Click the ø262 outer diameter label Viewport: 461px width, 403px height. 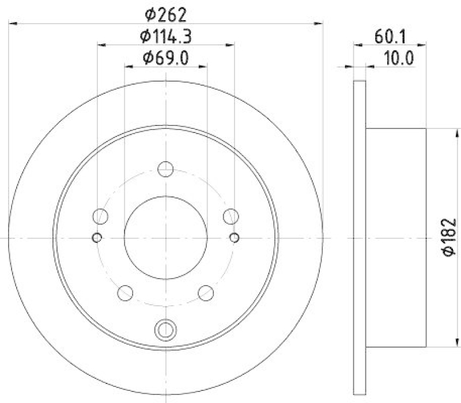click(166, 13)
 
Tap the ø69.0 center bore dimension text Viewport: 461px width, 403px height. click(166, 58)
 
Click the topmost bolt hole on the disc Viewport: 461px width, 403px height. click(166, 169)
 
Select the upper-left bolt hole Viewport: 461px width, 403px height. click(101, 216)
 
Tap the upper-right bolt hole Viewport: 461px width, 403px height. click(231, 216)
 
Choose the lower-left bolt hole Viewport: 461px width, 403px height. click(125, 292)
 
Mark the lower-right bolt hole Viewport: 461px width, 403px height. click(206, 292)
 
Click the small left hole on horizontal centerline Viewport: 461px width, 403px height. click(97, 237)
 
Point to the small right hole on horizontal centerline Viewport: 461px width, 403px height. click(234, 237)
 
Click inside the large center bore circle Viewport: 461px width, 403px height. click(166, 237)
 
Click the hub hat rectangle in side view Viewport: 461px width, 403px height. click(396, 237)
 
